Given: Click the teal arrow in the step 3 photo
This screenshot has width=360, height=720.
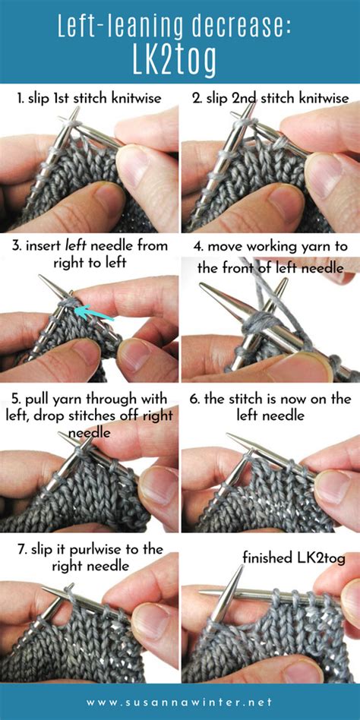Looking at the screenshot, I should pyautogui.click(x=96, y=309).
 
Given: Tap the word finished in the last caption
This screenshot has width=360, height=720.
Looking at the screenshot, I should pyautogui.click(x=266, y=558).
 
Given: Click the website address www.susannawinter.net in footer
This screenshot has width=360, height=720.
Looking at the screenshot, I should pyautogui.click(x=180, y=703).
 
